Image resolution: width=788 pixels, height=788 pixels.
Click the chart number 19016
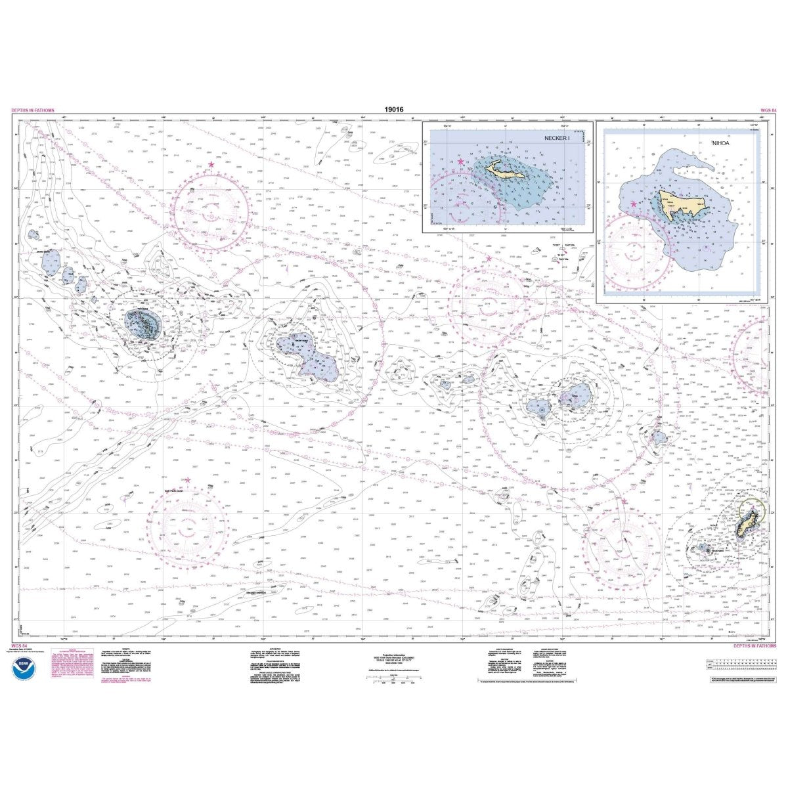393,110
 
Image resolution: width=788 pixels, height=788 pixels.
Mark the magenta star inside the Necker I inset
460,162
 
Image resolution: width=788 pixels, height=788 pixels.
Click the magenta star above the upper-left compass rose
211,164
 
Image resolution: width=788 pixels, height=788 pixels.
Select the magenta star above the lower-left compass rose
188,481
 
